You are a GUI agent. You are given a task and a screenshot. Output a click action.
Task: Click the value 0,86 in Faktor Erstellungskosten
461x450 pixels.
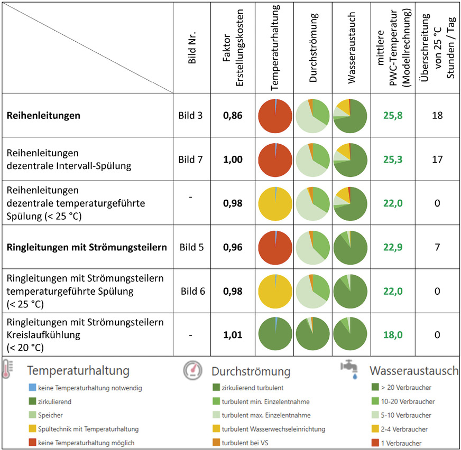coord(232,116)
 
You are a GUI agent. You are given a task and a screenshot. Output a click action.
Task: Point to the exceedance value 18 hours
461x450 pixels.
coord(437,116)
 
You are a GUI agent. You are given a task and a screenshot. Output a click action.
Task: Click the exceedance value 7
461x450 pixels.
coord(437,247)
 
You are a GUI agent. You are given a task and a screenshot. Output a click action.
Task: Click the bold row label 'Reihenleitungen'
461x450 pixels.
coord(43,116)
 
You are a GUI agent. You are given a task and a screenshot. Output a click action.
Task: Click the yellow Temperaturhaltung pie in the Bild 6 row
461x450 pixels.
coord(275,291)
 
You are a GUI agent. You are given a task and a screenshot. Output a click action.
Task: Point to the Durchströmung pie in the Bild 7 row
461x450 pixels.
coord(312,160)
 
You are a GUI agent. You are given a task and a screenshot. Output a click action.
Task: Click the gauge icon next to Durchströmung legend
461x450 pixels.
coord(191,371)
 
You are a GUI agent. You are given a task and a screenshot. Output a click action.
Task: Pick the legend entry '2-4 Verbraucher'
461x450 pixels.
coord(404,429)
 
